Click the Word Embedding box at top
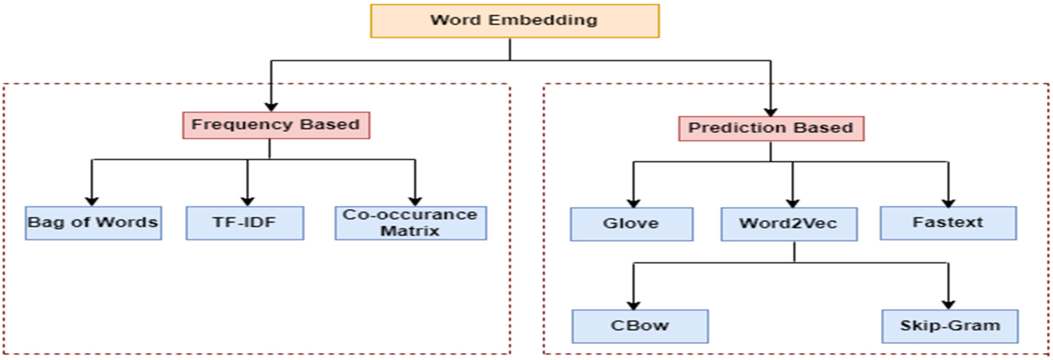(x=515, y=21)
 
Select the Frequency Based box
(x=276, y=125)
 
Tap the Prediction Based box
(x=771, y=128)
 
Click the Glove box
(x=632, y=224)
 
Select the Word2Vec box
(x=789, y=224)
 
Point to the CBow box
(x=640, y=326)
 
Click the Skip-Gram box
(x=950, y=326)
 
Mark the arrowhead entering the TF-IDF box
(x=247, y=201)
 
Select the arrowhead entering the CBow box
(x=633, y=305)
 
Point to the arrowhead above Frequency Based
(x=271, y=107)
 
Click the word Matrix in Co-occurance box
(x=409, y=231)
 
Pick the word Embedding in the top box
(x=543, y=20)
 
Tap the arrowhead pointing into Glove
(x=633, y=203)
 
